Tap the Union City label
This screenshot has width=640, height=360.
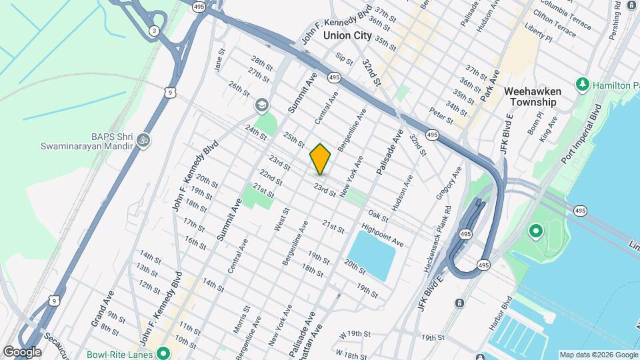coord(347,36)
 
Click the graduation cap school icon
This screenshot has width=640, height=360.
coord(261,105)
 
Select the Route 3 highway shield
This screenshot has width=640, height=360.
coord(154,30)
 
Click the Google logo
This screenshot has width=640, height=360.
coord(21,352)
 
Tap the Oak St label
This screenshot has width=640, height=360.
coord(377,216)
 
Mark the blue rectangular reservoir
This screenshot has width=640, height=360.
coord(371,253)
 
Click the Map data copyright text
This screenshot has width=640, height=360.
coord(597,355)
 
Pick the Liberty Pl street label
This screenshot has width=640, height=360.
coord(539,34)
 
